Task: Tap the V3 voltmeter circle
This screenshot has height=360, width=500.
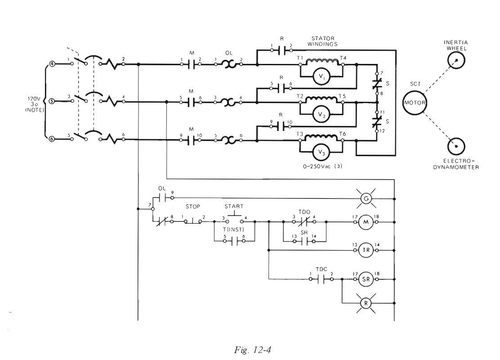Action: pos(321,152)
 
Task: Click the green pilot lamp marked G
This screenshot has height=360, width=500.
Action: pos(366,199)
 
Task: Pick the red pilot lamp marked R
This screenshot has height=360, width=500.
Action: pos(366,303)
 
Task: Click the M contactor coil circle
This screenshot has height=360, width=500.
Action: pos(366,222)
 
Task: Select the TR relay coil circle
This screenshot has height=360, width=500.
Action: pos(366,250)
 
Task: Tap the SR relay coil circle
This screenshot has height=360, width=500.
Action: pos(366,279)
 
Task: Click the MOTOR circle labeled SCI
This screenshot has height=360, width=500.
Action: pos(414,103)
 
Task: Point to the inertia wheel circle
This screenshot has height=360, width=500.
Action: pos(456,60)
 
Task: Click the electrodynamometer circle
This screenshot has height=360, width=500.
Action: pos(456,147)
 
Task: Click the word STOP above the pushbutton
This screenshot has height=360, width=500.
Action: pos(192,207)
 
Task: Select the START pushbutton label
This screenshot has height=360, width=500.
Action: pos(234,206)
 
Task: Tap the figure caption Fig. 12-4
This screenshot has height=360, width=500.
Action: pos(253,350)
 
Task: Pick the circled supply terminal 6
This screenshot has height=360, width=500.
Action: pos(51,139)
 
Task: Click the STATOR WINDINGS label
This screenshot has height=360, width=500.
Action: pos(322,41)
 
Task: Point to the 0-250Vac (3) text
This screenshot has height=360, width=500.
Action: pos(323,166)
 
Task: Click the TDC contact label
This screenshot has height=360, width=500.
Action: pos(321,270)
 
